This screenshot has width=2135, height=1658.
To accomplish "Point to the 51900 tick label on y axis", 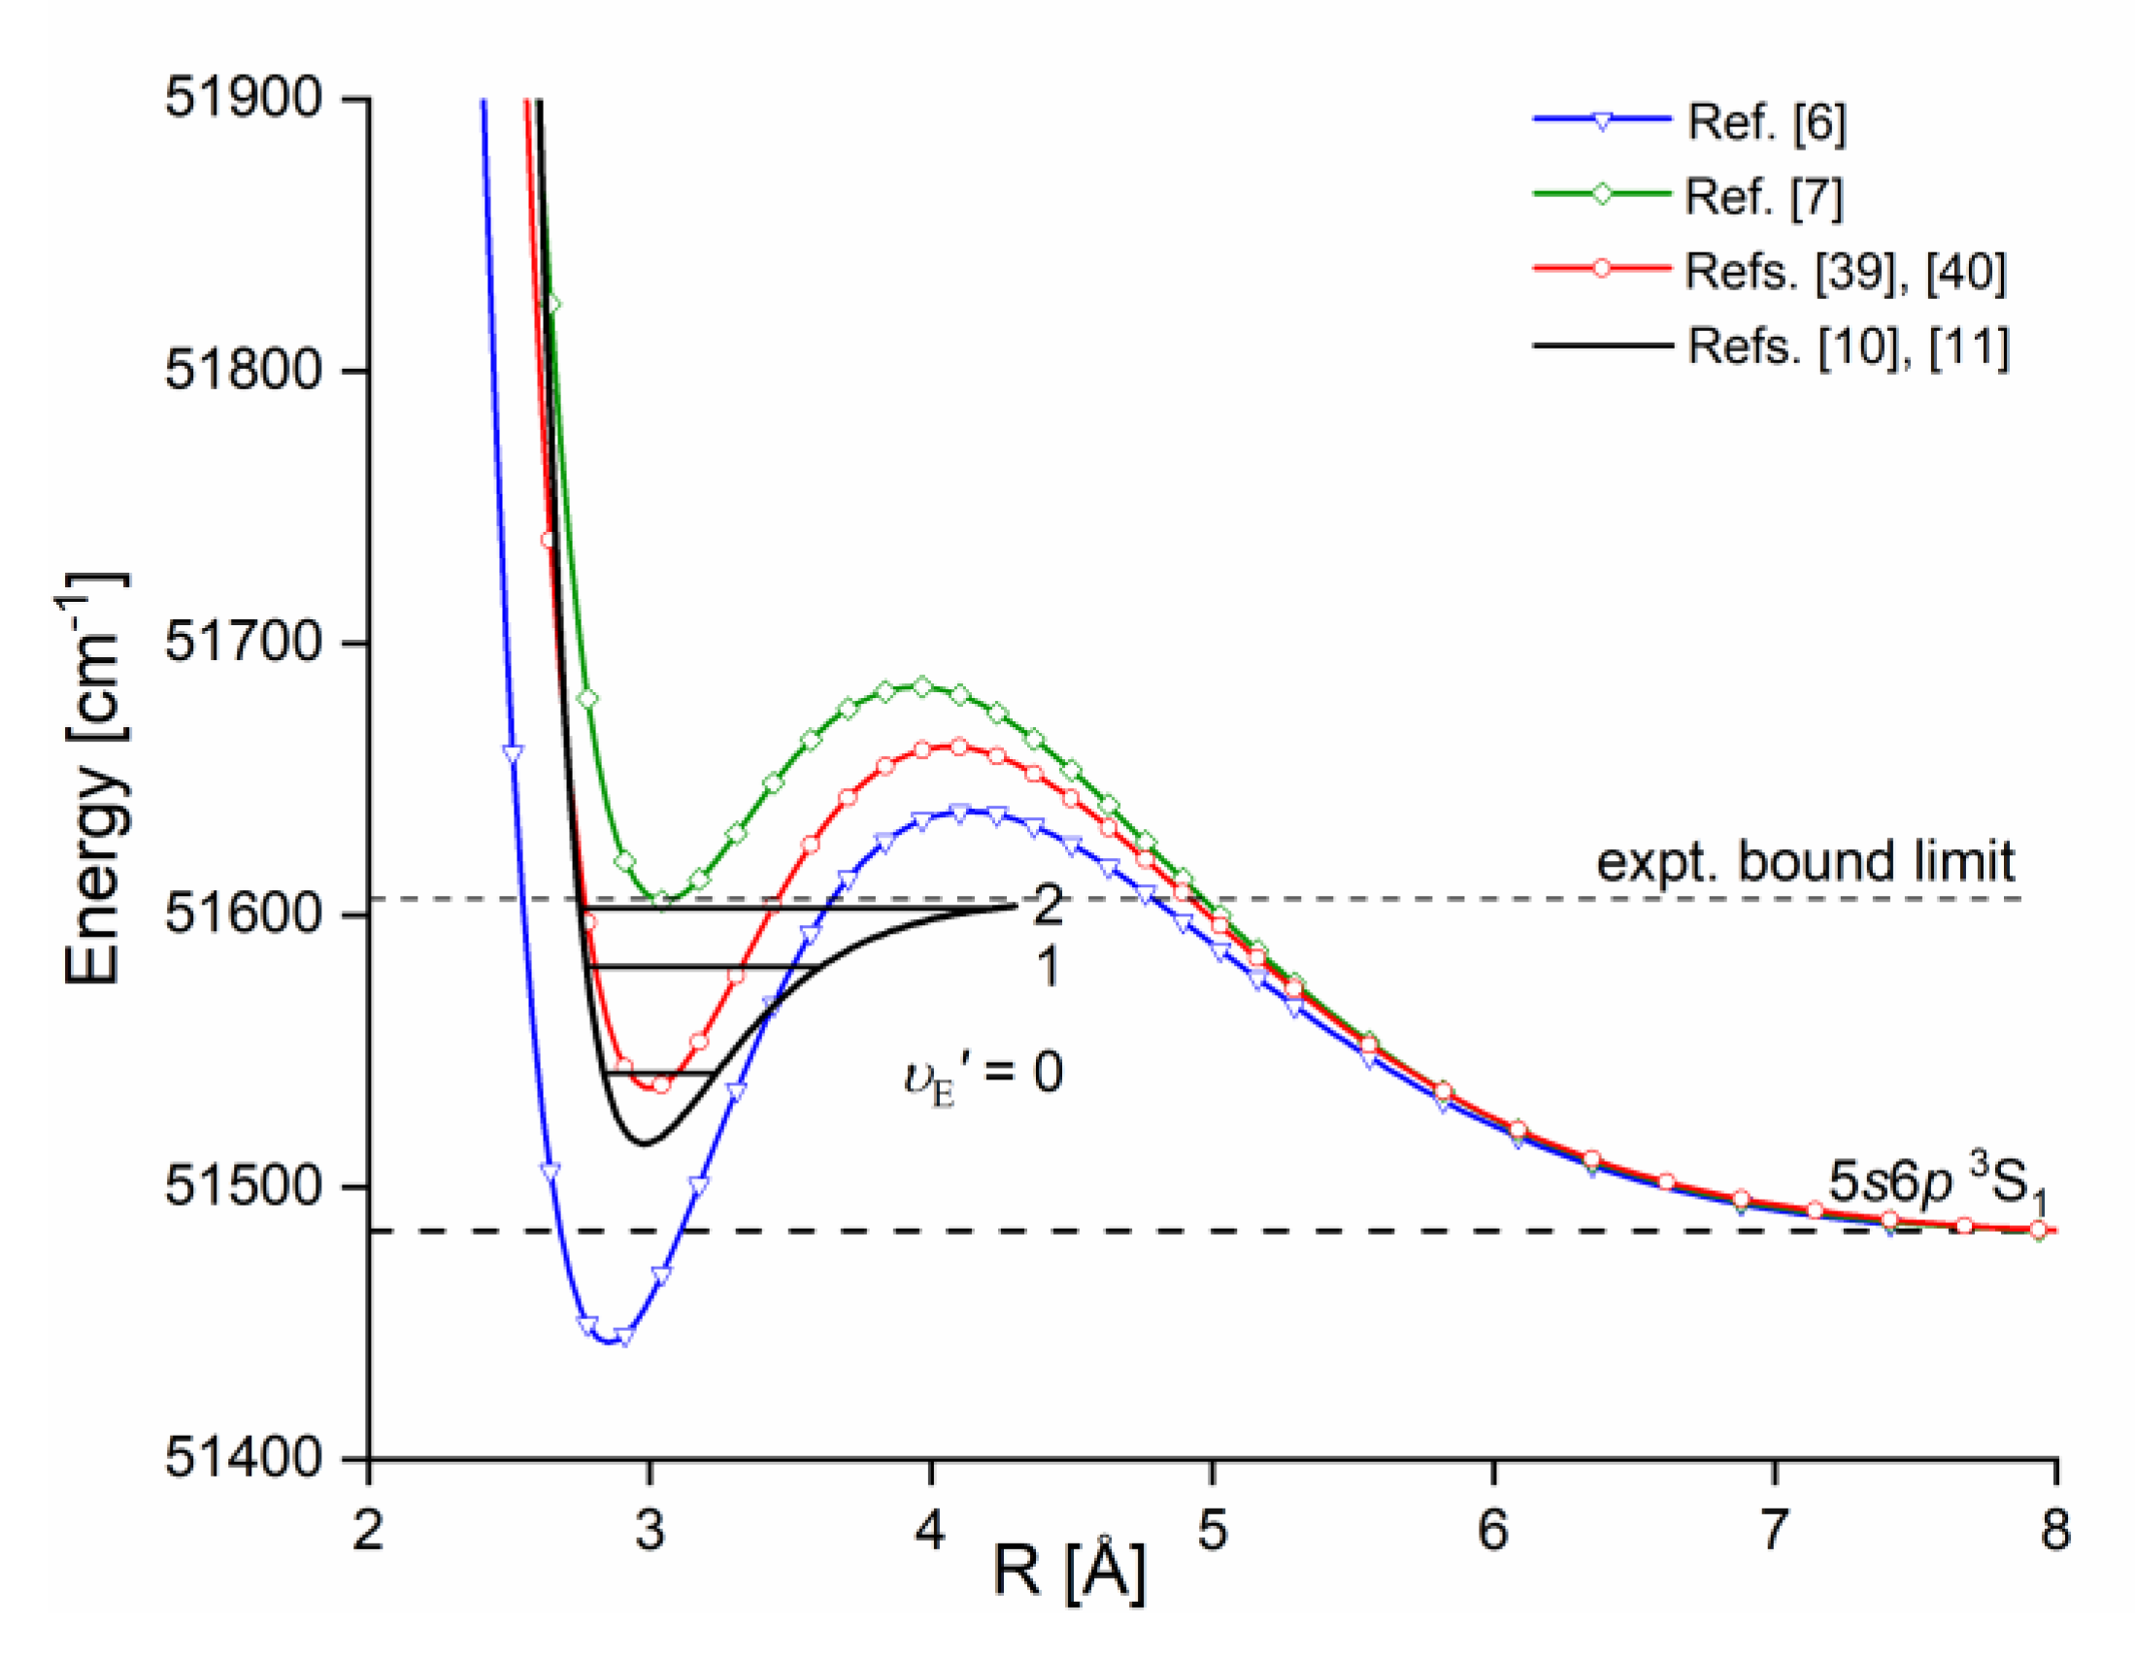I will pos(244,99).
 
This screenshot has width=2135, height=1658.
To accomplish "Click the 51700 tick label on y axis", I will pos(244,644).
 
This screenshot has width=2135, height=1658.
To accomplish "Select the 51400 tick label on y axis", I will pos(244,1459).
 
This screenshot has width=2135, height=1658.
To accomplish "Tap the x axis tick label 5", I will pos(1213,1531).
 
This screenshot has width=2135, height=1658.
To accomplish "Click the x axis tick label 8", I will pos(2054,1531).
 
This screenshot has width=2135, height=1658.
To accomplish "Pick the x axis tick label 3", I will pos(650,1531).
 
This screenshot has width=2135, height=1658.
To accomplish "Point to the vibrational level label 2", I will pos(1047,907).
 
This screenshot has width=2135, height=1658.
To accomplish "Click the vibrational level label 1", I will pos(1047,967).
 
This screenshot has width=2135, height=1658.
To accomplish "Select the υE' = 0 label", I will pos(983,1075).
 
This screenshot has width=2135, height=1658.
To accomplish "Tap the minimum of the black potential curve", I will pos(646,1144).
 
